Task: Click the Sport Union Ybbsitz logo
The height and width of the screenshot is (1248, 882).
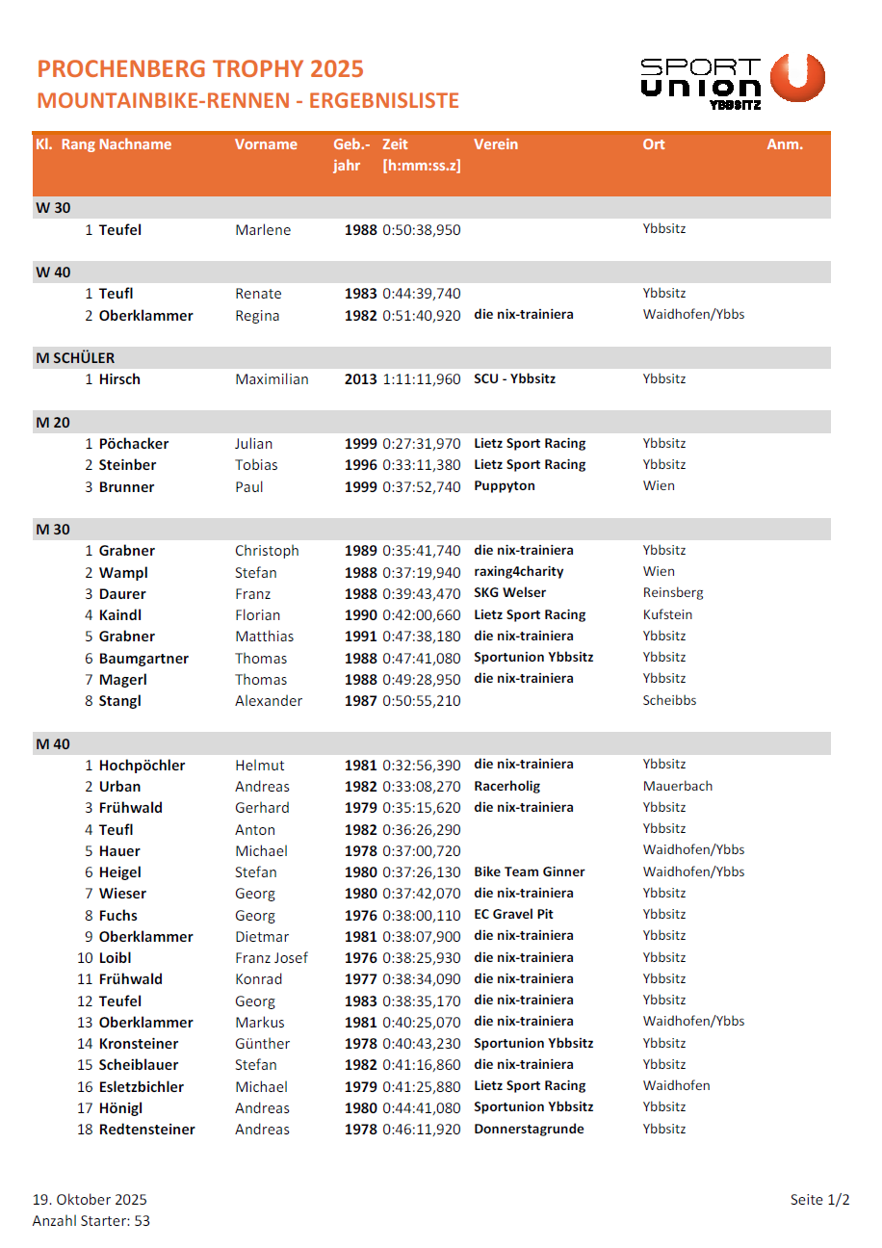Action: pyautogui.click(x=732, y=81)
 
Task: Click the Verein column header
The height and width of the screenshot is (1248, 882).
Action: pyautogui.click(x=495, y=144)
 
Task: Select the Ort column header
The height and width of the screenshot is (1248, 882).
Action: pyautogui.click(x=654, y=144)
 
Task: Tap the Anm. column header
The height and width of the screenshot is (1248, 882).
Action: pyautogui.click(x=784, y=144)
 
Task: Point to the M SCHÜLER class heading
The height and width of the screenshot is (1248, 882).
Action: pyautogui.click(x=75, y=358)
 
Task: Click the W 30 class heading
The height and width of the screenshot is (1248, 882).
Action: pyautogui.click(x=53, y=208)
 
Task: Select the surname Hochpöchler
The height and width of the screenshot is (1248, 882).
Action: pyautogui.click(x=142, y=766)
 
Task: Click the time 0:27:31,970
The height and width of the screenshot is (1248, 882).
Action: pyautogui.click(x=422, y=444)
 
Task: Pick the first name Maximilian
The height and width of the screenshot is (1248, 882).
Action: pyautogui.click(x=272, y=379)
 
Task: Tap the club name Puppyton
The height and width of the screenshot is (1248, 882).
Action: pyautogui.click(x=504, y=486)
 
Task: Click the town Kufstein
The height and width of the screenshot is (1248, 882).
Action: pyautogui.click(x=667, y=614)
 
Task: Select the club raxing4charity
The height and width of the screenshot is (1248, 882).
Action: pyautogui.click(x=518, y=572)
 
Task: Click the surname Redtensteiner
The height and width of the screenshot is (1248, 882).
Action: pyautogui.click(x=146, y=1130)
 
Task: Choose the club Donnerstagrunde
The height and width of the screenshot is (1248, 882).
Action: pyautogui.click(x=529, y=1129)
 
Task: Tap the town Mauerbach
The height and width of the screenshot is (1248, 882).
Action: pyautogui.click(x=678, y=786)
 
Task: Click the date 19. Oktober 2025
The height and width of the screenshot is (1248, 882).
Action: pyautogui.click(x=90, y=1200)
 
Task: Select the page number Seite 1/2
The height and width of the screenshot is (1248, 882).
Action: pyautogui.click(x=819, y=1200)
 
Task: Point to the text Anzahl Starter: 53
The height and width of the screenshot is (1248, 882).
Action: pyautogui.click(x=91, y=1221)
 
